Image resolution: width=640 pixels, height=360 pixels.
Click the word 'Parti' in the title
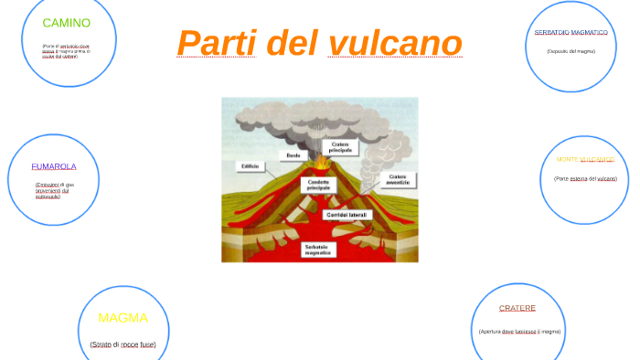point(214,43)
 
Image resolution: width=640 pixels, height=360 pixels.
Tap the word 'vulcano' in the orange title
point(395,43)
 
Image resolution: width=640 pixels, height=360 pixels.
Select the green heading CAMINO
point(67,23)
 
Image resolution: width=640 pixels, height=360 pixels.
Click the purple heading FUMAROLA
point(54,166)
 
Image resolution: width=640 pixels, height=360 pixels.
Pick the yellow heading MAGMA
point(123,318)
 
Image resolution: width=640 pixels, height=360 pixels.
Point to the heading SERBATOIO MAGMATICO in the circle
point(571,32)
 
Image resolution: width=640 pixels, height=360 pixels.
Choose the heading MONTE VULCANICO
point(585,159)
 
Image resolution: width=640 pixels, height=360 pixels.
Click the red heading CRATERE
point(517,308)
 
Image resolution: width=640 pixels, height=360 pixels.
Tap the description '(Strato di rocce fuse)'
point(123,344)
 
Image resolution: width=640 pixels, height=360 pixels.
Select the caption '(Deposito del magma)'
point(571,51)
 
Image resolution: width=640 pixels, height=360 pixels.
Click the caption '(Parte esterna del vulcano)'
point(585,178)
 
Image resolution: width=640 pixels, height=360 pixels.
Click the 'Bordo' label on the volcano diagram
point(293,155)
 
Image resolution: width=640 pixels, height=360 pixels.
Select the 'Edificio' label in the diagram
point(251,166)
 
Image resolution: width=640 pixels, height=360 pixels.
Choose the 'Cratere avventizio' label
point(397,179)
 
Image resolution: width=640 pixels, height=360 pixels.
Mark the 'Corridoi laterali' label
point(347,215)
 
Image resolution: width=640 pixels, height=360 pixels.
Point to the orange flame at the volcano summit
point(323,163)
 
